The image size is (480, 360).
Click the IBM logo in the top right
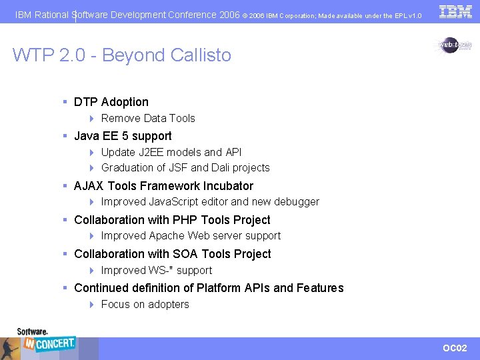point(455,11)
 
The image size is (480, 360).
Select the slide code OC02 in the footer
point(455,348)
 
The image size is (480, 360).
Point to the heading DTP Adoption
point(111,102)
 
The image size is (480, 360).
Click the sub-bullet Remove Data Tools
point(148,119)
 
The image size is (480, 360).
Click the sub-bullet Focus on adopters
point(145,305)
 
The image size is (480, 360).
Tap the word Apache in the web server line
point(167,236)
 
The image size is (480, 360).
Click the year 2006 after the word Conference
point(229,15)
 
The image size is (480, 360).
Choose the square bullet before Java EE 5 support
point(66,136)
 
